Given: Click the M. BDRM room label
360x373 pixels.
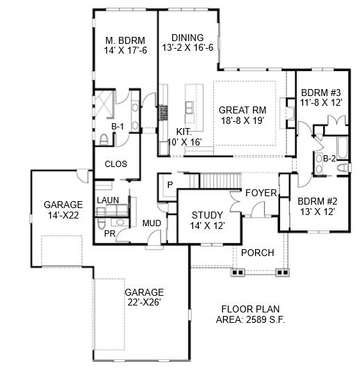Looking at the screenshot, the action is coord(125,40).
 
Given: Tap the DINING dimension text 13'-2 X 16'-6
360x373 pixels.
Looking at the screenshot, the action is coord(188,47).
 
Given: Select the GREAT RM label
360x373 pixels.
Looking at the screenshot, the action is coord(243,110).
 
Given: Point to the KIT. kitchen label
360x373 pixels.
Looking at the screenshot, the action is coord(183,132).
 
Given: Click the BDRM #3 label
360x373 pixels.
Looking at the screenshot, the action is coord(321,93).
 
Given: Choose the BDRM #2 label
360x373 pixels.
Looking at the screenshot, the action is coord(318,202).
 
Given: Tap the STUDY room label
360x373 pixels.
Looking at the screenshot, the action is coord(207,215).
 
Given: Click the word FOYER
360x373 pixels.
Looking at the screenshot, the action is coord(261,193).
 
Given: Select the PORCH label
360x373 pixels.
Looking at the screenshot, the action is coord(258,253).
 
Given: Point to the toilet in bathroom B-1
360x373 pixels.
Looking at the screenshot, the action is coord(104,140).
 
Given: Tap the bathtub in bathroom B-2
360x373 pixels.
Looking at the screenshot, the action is coord(342,148).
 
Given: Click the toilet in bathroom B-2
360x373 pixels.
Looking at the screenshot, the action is coord(343,168).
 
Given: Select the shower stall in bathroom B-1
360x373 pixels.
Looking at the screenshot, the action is coord(104,104).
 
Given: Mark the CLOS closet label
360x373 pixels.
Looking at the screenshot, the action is coord(116,164).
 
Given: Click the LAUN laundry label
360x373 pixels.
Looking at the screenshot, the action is coord(108,200).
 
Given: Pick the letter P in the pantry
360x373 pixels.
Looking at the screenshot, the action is coord(170,184).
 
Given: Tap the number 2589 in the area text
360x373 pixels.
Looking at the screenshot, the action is coord(256,319).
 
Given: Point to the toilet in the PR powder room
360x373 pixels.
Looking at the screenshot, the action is coord(101,223).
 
